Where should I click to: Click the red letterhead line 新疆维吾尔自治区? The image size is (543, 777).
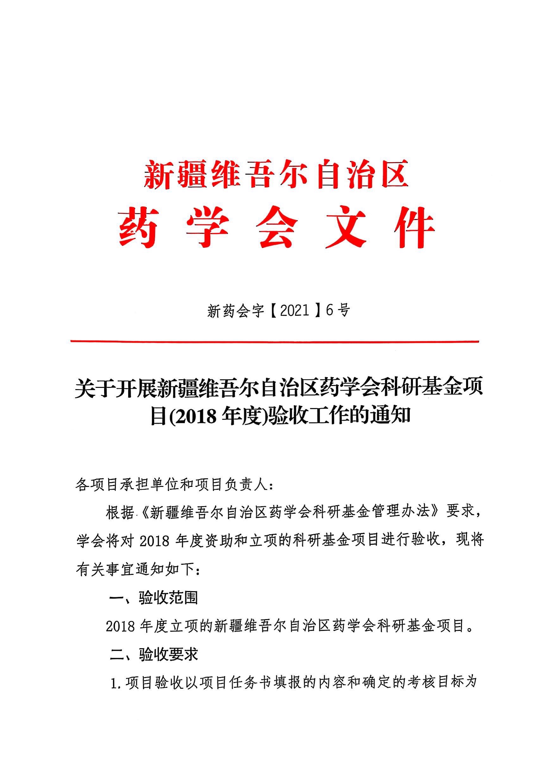(x=276, y=175)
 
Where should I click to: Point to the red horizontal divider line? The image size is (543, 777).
(x=274, y=341)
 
